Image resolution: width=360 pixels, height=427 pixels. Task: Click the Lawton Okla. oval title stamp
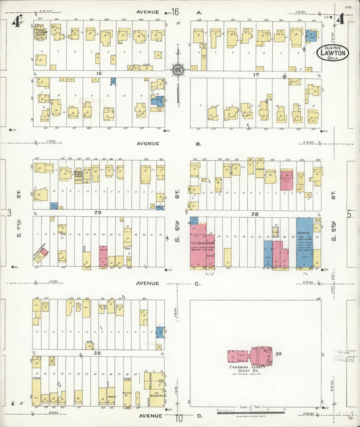tap(332, 53)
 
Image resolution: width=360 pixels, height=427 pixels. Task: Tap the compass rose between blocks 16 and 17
tap(178, 69)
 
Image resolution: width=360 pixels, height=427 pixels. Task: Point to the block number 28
tap(255, 214)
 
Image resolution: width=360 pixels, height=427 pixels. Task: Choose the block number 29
tap(97, 213)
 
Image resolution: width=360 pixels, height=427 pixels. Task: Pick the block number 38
tap(97, 353)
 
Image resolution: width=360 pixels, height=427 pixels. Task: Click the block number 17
tap(256, 74)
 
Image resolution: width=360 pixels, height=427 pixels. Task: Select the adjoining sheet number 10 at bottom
tap(179, 418)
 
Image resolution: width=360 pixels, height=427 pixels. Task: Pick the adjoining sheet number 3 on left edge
tap(9, 213)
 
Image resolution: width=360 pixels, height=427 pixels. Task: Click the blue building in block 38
tap(159, 332)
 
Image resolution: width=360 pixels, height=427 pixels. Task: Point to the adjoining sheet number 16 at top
tap(175, 11)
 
